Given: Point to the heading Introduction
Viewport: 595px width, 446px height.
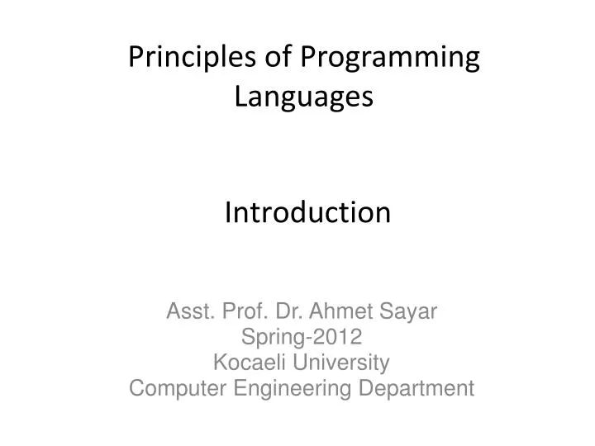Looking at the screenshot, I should pyautogui.click(x=307, y=213).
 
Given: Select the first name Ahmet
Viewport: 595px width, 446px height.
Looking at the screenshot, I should pyautogui.click(x=339, y=312).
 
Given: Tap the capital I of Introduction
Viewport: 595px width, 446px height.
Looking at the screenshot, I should pyautogui.click(x=229, y=213).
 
